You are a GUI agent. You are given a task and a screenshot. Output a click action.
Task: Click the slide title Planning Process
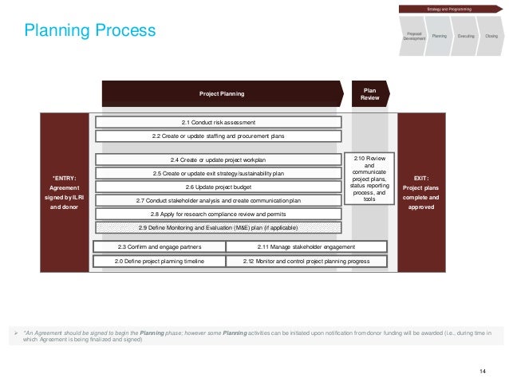point(89,31)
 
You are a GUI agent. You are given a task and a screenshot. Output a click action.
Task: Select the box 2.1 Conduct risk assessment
point(218,122)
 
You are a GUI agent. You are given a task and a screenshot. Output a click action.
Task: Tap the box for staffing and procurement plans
point(218,136)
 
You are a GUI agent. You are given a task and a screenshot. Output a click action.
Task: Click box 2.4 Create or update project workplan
point(218,159)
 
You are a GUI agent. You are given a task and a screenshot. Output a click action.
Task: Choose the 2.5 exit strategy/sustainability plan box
point(218,173)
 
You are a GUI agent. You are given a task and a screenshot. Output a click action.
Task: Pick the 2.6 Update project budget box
point(218,187)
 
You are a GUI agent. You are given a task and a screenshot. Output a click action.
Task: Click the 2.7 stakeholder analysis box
point(218,200)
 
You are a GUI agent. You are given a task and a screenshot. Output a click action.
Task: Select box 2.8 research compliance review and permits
point(218,214)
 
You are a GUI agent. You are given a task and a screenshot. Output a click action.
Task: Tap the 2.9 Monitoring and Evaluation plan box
point(218,227)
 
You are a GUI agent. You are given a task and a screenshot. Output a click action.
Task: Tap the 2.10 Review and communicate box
point(369,178)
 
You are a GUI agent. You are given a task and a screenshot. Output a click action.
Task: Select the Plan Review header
point(369,93)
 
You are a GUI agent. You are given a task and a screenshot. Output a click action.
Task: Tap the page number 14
point(483,370)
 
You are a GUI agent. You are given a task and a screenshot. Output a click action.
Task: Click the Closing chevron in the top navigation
point(491,36)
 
